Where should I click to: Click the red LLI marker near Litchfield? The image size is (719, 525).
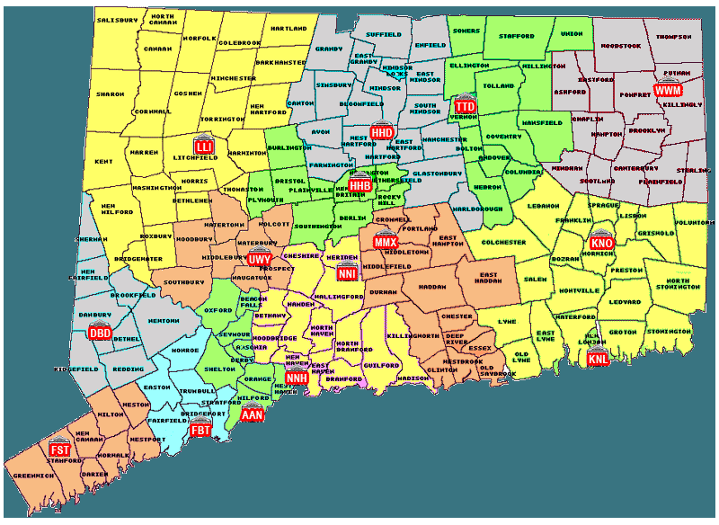[x=204, y=145]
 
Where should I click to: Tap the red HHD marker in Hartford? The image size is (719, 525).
[x=383, y=132]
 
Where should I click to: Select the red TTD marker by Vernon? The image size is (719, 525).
[x=465, y=106]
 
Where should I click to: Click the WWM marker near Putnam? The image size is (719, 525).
[x=668, y=91]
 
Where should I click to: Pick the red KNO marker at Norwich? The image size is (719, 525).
[x=601, y=243]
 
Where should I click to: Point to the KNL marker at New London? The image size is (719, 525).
[x=598, y=359]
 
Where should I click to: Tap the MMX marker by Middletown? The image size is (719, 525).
[x=385, y=243]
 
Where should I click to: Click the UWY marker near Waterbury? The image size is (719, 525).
[x=260, y=259]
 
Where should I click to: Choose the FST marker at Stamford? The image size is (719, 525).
[x=60, y=449]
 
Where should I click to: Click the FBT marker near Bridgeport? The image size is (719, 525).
[x=201, y=431]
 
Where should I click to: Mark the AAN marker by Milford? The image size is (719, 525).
[x=252, y=414]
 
